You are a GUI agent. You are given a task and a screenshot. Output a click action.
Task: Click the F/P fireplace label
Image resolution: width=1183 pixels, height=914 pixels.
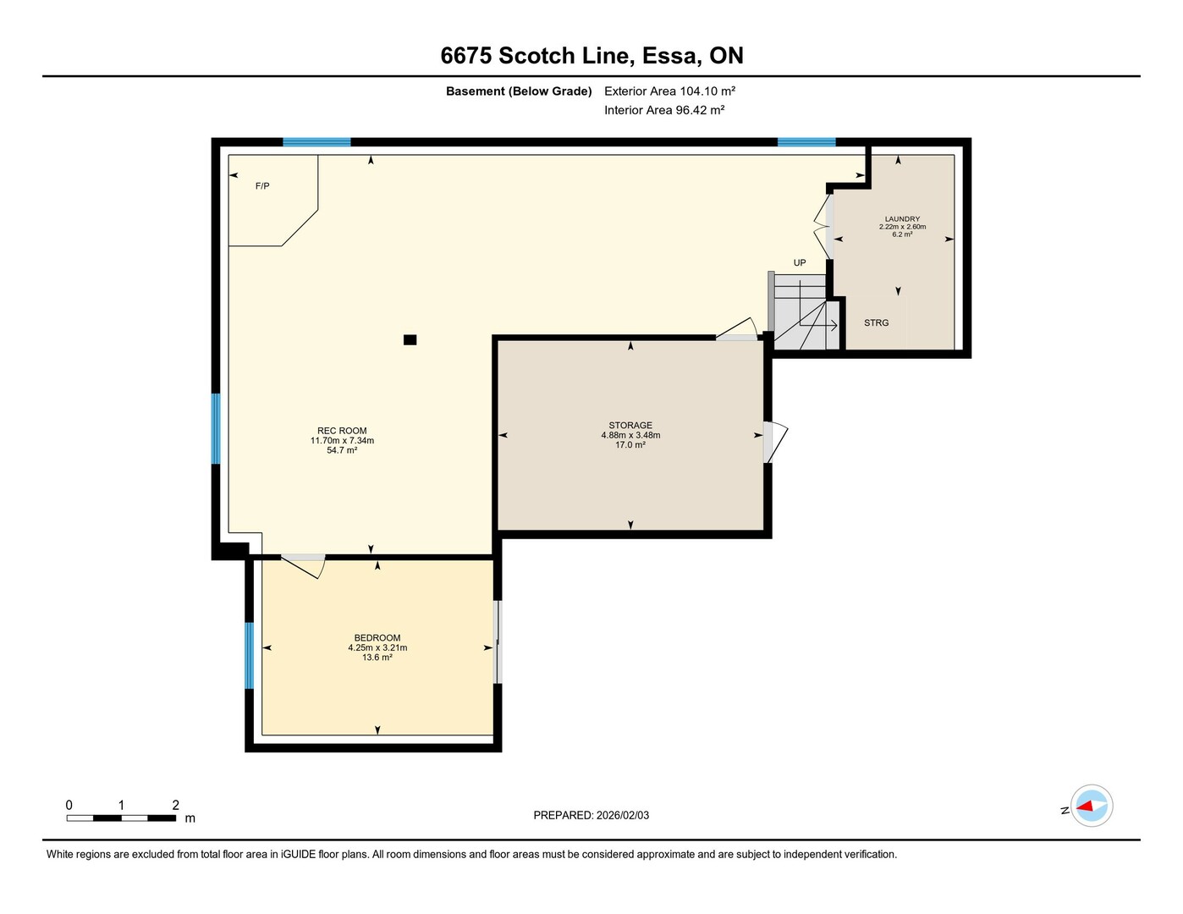(x=262, y=186)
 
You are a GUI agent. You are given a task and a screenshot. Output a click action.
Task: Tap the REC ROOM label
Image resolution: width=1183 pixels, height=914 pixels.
(x=342, y=431)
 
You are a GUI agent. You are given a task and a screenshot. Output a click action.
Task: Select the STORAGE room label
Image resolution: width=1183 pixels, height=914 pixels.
(x=630, y=425)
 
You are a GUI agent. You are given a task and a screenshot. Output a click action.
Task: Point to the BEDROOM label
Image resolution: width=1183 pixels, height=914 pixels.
(x=377, y=637)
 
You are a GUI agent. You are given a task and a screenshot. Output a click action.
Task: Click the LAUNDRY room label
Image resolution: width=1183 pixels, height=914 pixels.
(x=902, y=219)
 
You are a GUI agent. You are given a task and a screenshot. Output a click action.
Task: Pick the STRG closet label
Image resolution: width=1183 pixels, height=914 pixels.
(x=877, y=322)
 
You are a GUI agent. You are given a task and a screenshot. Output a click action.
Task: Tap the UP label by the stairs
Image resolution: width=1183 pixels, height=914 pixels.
(x=800, y=262)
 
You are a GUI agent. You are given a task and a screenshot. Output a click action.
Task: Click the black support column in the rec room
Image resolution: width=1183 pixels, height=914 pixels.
(x=410, y=339)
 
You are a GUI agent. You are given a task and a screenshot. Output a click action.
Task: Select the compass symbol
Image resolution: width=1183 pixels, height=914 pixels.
(x=1091, y=806)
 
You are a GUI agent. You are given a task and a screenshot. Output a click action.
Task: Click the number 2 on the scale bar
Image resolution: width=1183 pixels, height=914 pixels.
(x=175, y=805)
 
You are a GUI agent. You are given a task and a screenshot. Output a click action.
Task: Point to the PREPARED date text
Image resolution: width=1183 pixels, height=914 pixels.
(x=591, y=815)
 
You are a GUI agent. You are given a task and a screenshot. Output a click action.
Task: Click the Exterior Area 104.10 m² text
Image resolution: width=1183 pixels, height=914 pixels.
(x=669, y=91)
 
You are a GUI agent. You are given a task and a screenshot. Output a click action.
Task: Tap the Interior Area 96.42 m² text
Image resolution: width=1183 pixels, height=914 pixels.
(x=664, y=110)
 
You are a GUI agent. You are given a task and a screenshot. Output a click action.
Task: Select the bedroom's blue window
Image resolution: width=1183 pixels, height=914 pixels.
(x=250, y=655)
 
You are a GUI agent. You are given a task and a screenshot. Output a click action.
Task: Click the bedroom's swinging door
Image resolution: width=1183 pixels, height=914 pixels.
(x=303, y=567)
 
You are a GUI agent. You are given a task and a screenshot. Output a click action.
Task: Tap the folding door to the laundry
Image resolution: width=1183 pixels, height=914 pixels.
(x=823, y=227)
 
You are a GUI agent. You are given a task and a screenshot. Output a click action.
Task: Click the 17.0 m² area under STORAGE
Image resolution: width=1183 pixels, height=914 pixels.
(x=630, y=445)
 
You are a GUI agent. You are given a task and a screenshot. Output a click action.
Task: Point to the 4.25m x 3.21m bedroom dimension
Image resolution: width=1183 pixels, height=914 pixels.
(x=377, y=647)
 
